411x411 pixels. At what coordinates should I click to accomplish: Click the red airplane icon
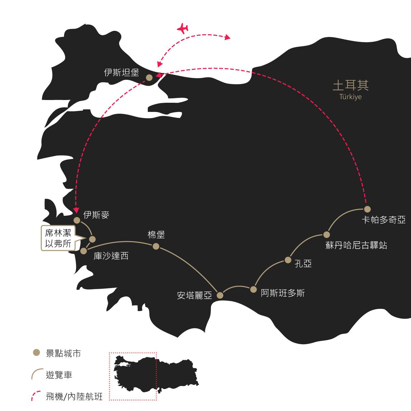point(183,28)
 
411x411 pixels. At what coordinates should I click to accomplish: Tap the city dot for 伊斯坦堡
point(149,78)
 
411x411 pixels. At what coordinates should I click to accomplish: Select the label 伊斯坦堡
point(121,73)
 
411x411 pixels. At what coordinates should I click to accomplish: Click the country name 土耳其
point(350,85)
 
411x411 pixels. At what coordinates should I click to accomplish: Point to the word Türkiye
point(350,97)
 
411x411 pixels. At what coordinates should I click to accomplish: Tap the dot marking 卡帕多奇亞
point(367,209)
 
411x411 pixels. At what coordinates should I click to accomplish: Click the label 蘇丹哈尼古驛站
point(356,245)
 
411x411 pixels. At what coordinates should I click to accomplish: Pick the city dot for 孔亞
point(288,260)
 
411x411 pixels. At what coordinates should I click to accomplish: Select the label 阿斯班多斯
point(283,293)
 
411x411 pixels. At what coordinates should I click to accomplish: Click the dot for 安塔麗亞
point(220,295)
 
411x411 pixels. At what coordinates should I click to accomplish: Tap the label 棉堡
point(156,235)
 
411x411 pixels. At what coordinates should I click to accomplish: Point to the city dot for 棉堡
point(156,247)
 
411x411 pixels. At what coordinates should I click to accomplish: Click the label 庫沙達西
point(111,256)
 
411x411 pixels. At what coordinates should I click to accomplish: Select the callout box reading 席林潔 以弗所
point(58,238)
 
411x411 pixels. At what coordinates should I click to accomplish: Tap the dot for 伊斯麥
point(77,220)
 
